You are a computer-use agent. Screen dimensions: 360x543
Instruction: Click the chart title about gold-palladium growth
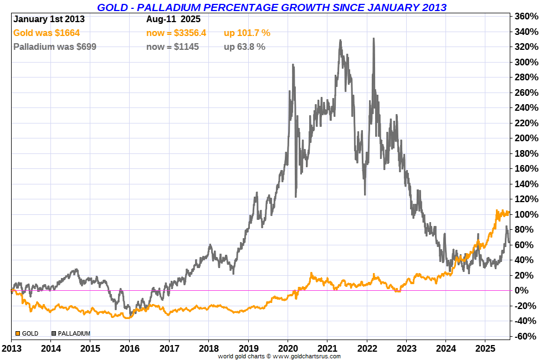(271, 7)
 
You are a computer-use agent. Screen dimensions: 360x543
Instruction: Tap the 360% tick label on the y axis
(526, 17)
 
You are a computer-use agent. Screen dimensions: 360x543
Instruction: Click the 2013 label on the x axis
(11, 348)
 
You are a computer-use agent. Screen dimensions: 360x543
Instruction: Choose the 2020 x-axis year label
(288, 348)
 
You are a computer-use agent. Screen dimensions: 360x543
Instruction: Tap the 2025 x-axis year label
(485, 348)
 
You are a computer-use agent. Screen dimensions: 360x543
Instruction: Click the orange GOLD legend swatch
(18, 333)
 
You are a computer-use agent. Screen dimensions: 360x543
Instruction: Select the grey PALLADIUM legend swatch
(54, 333)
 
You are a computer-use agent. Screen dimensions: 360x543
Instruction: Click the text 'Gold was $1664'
(47, 33)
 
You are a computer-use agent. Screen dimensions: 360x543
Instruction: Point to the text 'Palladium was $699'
(55, 47)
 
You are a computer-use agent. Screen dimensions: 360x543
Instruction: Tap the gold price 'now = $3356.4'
(176, 33)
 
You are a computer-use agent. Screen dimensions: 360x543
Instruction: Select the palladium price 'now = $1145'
(172, 47)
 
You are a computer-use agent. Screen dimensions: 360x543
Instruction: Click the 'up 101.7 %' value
(247, 33)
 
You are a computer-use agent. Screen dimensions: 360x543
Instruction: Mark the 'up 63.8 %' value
(244, 47)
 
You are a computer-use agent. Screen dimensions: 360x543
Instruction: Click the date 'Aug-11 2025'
(173, 19)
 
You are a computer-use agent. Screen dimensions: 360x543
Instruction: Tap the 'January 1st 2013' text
(49, 19)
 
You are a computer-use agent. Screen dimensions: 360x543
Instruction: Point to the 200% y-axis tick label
(526, 138)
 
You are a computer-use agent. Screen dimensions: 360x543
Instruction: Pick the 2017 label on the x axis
(169, 348)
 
